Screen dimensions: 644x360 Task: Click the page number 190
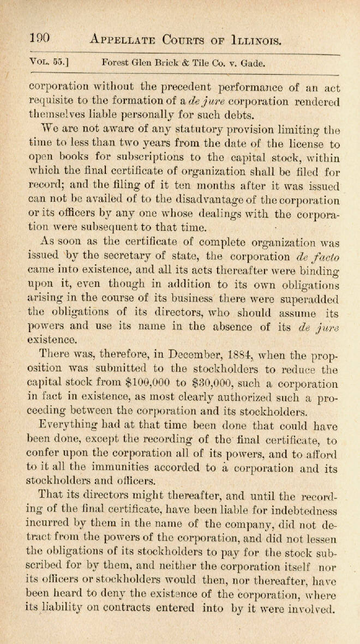pos(39,38)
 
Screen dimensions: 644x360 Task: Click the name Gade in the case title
pos(254,62)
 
